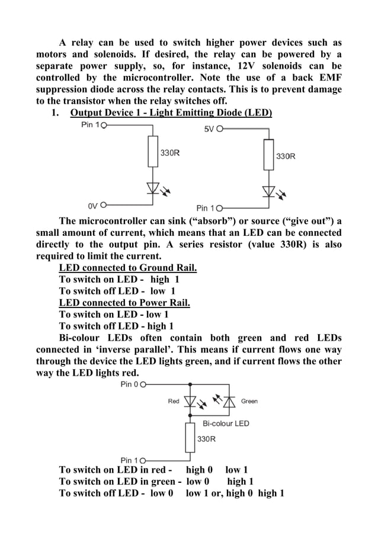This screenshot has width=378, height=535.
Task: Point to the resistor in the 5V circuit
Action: [269, 155]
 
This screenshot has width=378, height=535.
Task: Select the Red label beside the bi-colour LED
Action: [174, 401]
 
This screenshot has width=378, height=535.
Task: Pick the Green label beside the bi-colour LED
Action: [249, 401]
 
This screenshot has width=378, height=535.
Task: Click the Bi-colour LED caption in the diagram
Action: [226, 424]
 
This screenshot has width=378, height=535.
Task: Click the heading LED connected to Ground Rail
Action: [128, 268]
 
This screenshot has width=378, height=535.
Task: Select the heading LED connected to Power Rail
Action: [124, 303]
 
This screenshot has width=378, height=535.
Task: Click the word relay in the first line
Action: [84, 43]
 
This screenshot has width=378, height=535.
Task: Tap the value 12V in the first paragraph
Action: [252, 66]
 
